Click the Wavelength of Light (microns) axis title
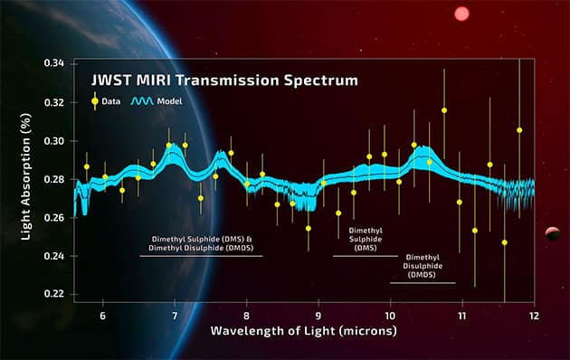pyautogui.click(x=304, y=331)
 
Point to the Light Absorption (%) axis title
pyautogui.click(x=27, y=179)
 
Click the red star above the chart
pyautogui.click(x=462, y=14)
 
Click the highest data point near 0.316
pyautogui.click(x=444, y=110)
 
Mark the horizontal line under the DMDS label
pyautogui.click(x=423, y=283)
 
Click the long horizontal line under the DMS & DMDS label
pyautogui.click(x=200, y=256)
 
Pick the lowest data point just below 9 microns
pyautogui.click(x=308, y=229)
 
